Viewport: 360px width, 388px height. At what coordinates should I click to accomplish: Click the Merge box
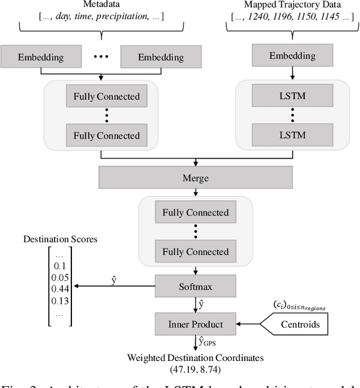click(195, 177)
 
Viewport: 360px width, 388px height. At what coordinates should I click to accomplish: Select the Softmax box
click(195, 287)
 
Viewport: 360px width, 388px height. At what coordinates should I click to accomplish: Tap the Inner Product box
click(195, 324)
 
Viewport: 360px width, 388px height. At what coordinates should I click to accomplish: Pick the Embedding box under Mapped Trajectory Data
click(291, 56)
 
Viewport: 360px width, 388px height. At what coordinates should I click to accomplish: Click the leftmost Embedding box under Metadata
click(40, 57)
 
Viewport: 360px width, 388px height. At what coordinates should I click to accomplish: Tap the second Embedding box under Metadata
click(161, 57)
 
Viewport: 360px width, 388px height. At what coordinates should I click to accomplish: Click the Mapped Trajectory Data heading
click(291, 4)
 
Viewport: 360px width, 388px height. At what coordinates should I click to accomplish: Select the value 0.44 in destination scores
click(61, 288)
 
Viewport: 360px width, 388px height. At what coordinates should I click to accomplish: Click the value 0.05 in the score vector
click(61, 277)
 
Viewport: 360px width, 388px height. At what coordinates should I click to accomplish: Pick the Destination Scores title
click(60, 239)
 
